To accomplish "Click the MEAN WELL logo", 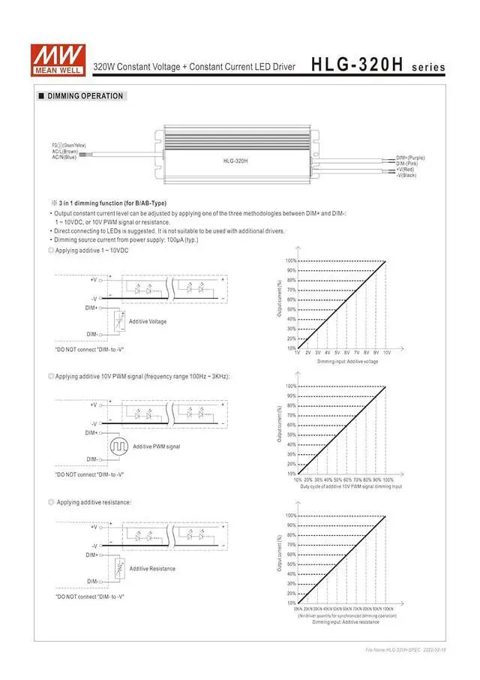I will pos(49,59).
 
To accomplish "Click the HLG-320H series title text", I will pos(378,66).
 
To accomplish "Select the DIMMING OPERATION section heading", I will pos(85,96).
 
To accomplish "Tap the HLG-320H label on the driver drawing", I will pos(235,161).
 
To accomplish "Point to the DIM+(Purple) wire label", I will pos(410,158).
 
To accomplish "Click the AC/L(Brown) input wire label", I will pos(65,151).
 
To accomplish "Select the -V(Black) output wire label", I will pos(406,175).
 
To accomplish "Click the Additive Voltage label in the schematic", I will pos(148,321).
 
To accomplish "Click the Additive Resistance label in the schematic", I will pos(152,568).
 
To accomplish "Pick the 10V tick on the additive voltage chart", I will pos(386,352).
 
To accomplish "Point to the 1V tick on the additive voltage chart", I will pos(298,352).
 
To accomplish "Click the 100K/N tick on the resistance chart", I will pos(385,609).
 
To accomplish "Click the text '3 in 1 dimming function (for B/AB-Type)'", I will pos(112,203).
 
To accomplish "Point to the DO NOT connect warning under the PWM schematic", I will pos(88,474).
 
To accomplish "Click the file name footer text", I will pos(406,649).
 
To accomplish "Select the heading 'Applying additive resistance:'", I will pos(94,501).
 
